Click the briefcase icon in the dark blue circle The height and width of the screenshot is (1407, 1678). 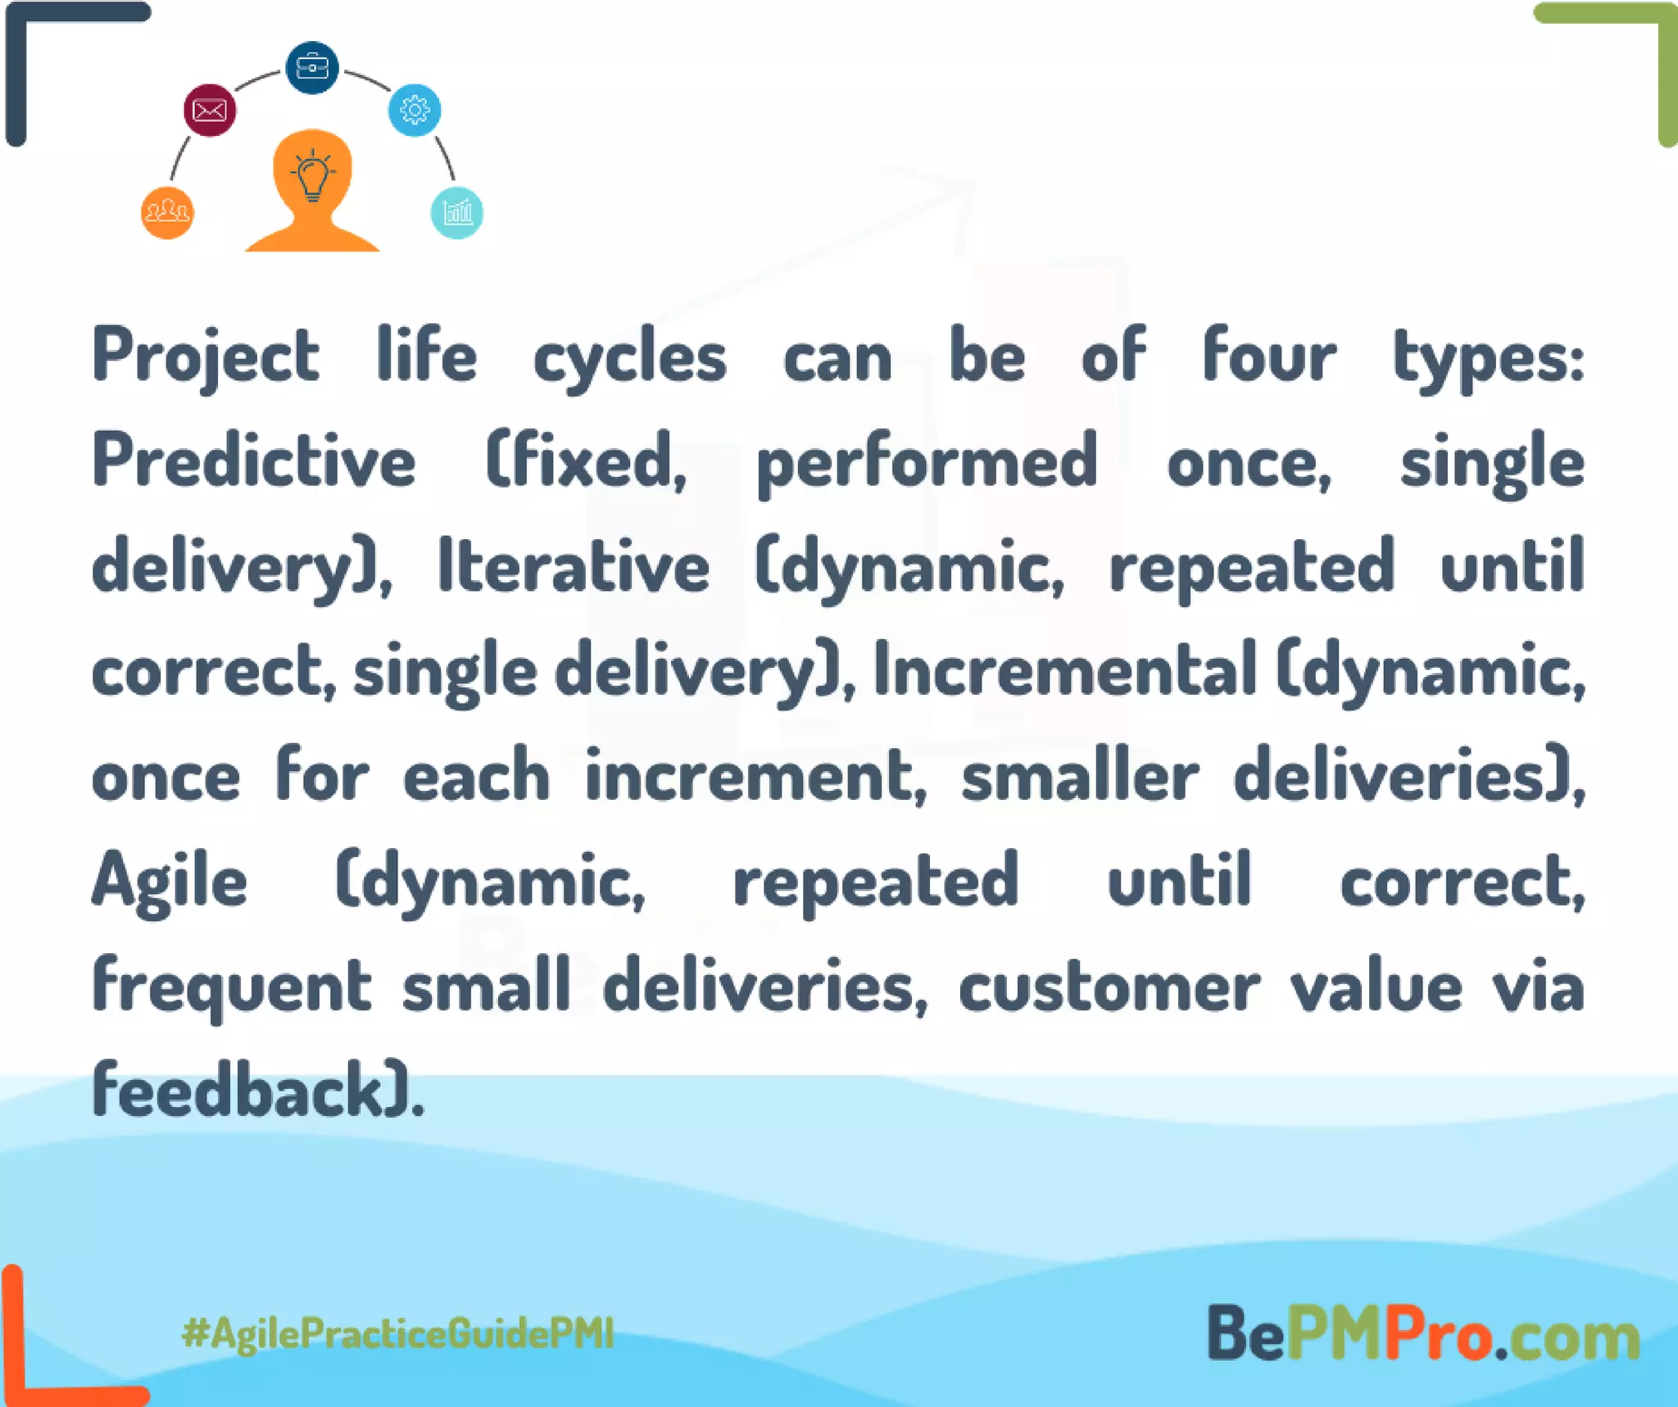[312, 67]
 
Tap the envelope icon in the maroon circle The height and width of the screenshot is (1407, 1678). [210, 110]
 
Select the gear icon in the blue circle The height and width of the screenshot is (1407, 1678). [415, 110]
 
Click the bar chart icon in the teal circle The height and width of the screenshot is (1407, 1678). [456, 213]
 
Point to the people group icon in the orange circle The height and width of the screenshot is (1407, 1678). [167, 213]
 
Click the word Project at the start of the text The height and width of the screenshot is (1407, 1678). [205, 357]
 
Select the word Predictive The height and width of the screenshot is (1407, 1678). [254, 461]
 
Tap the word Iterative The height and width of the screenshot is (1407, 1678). [574, 567]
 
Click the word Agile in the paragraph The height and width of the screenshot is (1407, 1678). [170, 881]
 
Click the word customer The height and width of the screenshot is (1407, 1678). [1109, 987]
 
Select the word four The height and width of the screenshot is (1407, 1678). [1269, 357]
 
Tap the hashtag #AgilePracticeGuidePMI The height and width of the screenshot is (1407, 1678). [398, 1333]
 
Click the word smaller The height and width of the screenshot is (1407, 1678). [1080, 776]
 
